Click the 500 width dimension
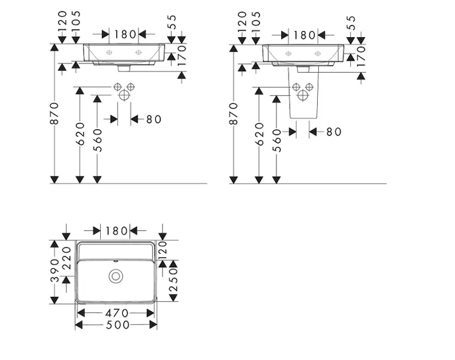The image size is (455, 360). click(x=117, y=325)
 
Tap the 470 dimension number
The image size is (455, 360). click(x=117, y=313)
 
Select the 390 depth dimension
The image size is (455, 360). click(x=55, y=271)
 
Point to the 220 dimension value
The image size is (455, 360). click(x=67, y=258)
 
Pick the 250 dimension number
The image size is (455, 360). click(x=173, y=280)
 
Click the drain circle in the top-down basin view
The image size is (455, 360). click(x=116, y=276)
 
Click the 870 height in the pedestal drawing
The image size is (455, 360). click(x=234, y=113)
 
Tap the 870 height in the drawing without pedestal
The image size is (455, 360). click(x=55, y=113)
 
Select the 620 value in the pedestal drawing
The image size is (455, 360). click(x=260, y=134)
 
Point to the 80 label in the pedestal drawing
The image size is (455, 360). click(x=334, y=132)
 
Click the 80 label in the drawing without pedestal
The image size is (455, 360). click(x=154, y=119)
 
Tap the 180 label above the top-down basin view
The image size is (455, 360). click(x=116, y=231)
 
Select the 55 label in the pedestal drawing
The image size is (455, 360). click(x=351, y=22)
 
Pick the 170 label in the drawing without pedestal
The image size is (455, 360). click(x=182, y=56)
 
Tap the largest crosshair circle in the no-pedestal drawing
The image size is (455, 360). click(x=124, y=95)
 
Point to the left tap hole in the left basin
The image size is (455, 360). click(x=109, y=52)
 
